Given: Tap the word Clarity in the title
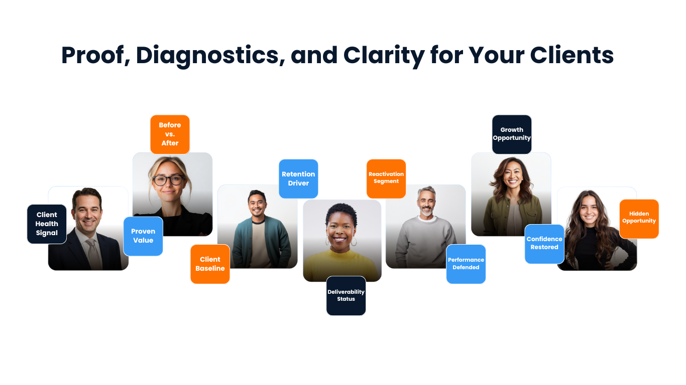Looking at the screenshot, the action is pos(384,55).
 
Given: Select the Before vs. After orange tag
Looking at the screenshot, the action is pos(170,134).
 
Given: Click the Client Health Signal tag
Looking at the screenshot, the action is pos(47,224).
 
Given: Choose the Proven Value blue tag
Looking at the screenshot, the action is pos(143,236).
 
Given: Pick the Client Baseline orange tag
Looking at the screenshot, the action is pos(210,264).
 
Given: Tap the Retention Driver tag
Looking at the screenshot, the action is pos(298,178).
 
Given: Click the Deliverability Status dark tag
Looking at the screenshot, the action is pos(346,296).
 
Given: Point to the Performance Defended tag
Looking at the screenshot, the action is pos(466,264).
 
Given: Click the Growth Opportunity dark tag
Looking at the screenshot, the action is pos(512,134).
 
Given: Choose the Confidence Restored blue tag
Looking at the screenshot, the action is pos(544,244).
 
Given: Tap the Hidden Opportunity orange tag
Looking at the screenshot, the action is pos(639,219).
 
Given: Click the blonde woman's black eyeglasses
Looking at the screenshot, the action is pos(169,180).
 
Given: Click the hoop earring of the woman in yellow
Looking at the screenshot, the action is pos(354,242).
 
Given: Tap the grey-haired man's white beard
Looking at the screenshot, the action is pos(426,211).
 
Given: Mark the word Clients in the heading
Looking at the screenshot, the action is pos(572,55).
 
